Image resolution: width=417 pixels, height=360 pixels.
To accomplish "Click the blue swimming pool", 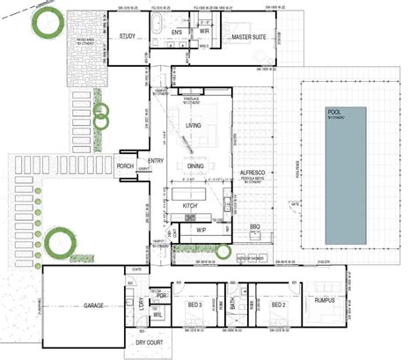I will (346, 163).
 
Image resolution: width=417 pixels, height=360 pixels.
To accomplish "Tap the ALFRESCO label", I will (252, 172).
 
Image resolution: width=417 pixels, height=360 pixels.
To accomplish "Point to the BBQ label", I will (256, 227).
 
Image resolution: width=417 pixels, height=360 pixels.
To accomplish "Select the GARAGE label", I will (94, 305).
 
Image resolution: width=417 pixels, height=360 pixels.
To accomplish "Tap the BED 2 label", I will (280, 305).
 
